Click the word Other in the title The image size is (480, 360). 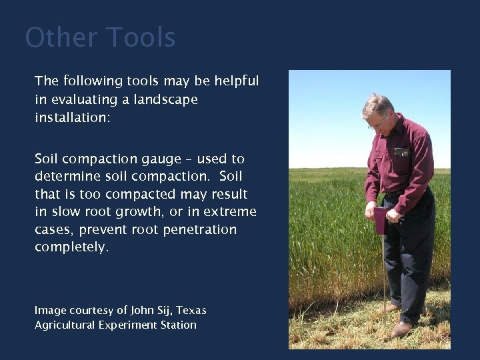coord(61,37)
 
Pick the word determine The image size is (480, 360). coord(67,177)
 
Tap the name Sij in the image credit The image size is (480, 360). coord(165,311)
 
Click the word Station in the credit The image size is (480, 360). coord(179,325)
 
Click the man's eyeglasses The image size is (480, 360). coord(376,124)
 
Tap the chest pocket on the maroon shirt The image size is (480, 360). coord(401,152)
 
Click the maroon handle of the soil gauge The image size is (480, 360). coord(380,220)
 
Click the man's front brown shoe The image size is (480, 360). coord(401,329)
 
